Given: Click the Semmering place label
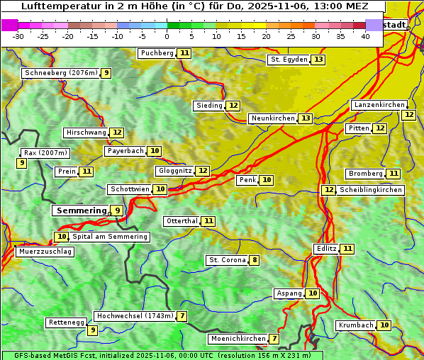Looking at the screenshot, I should click(80, 210).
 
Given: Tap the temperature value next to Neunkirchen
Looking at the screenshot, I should click(305, 118).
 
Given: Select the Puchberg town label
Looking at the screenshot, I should click(157, 53).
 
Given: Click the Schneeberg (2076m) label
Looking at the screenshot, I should click(60, 73).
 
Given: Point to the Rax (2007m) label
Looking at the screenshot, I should click(45, 152).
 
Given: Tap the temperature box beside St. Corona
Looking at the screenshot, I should click(254, 260).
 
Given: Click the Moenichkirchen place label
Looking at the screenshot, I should click(238, 339).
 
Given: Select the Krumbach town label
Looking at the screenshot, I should click(355, 325).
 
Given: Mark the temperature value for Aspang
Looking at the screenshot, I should click(312, 293).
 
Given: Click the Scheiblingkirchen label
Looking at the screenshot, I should click(370, 190).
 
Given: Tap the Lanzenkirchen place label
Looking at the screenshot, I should click(379, 105).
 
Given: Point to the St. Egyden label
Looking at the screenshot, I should click(289, 60).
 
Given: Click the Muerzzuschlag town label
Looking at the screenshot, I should click(44, 252).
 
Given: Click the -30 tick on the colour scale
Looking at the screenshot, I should click(18, 36).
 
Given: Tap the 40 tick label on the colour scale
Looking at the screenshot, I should click(365, 36).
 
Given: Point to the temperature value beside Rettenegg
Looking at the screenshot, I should click(92, 330).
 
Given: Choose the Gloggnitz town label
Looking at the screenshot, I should click(174, 171).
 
